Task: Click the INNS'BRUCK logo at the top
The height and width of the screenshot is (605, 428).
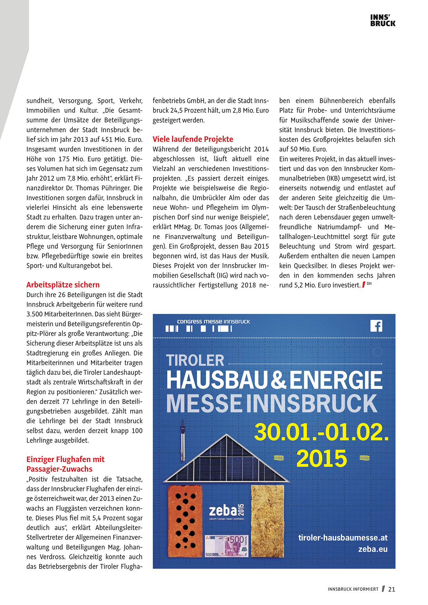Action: (382, 21)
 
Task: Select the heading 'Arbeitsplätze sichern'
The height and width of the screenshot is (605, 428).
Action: (63, 285)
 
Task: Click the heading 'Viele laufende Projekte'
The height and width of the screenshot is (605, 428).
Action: (193, 139)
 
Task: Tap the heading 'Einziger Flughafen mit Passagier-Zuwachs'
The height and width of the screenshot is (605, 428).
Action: (65, 464)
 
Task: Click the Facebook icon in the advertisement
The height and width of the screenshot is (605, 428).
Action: (376, 326)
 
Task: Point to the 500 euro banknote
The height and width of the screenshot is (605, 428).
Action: (226, 546)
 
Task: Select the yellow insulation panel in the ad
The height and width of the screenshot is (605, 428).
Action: (267, 520)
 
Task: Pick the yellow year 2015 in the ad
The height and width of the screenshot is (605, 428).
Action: (321, 459)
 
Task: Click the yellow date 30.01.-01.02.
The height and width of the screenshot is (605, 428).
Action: (321, 432)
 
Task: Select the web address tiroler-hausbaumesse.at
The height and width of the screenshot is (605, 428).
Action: (343, 538)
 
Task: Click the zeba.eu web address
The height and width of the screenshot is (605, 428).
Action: (372, 549)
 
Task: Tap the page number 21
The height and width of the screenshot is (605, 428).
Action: (391, 589)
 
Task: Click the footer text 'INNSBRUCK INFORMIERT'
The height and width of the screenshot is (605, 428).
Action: (353, 589)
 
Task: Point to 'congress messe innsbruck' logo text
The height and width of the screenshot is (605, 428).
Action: (213, 321)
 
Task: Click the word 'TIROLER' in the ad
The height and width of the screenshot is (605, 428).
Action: (195, 360)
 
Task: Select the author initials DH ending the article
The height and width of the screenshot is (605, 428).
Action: (369, 284)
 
